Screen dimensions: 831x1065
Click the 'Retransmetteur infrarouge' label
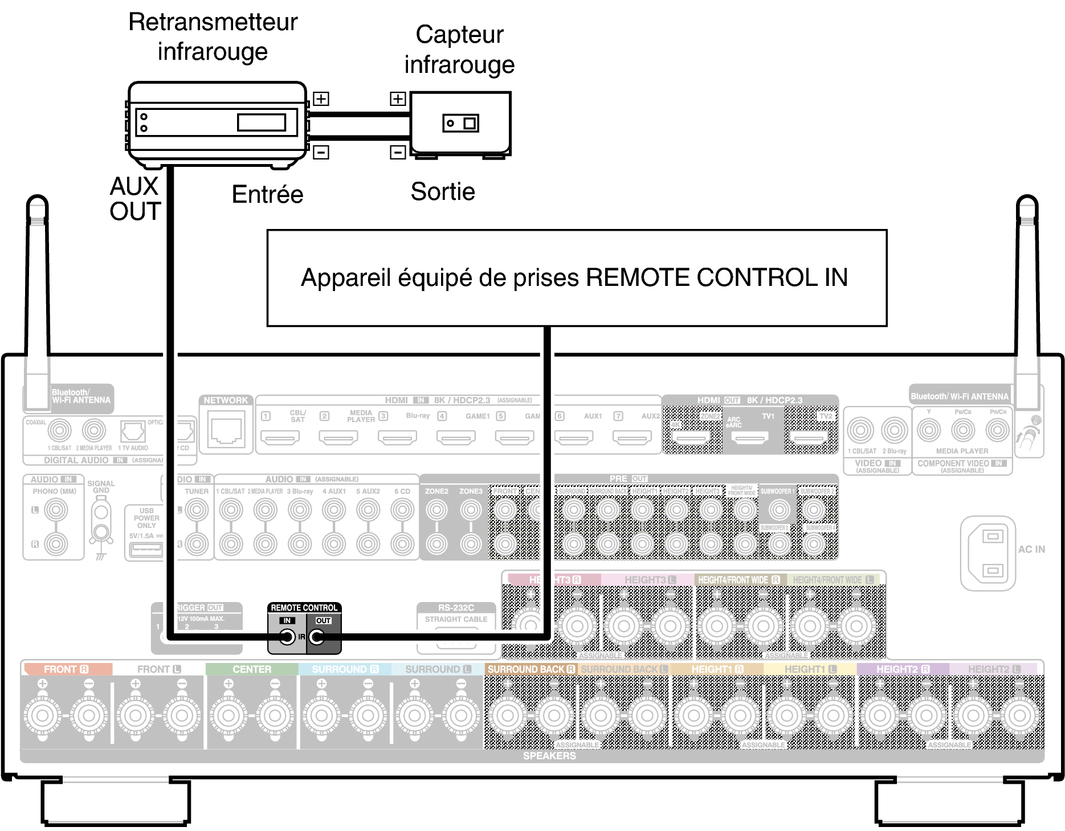[x=213, y=36]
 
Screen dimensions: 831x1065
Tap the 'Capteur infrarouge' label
[x=459, y=50]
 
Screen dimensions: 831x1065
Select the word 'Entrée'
[x=267, y=194]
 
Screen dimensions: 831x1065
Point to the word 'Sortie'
[x=443, y=191]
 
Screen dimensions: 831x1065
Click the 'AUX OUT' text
[x=135, y=199]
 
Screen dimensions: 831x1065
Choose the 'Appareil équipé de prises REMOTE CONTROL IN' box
[x=577, y=278]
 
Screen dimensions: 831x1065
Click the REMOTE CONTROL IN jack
[x=287, y=637]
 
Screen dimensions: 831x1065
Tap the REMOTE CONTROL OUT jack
[x=317, y=637]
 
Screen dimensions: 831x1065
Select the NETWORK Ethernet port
[x=226, y=432]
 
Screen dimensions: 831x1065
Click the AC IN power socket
[x=992, y=553]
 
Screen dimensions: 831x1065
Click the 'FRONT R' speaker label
[x=66, y=669]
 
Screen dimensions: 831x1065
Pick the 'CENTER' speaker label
[x=252, y=669]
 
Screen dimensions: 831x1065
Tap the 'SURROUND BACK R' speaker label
[x=531, y=669]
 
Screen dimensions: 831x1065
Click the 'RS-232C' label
[x=456, y=608]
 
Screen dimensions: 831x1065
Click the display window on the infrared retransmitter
[x=262, y=122]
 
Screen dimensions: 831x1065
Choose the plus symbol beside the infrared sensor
[x=398, y=99]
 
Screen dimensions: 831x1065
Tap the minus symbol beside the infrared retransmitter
[x=321, y=152]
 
